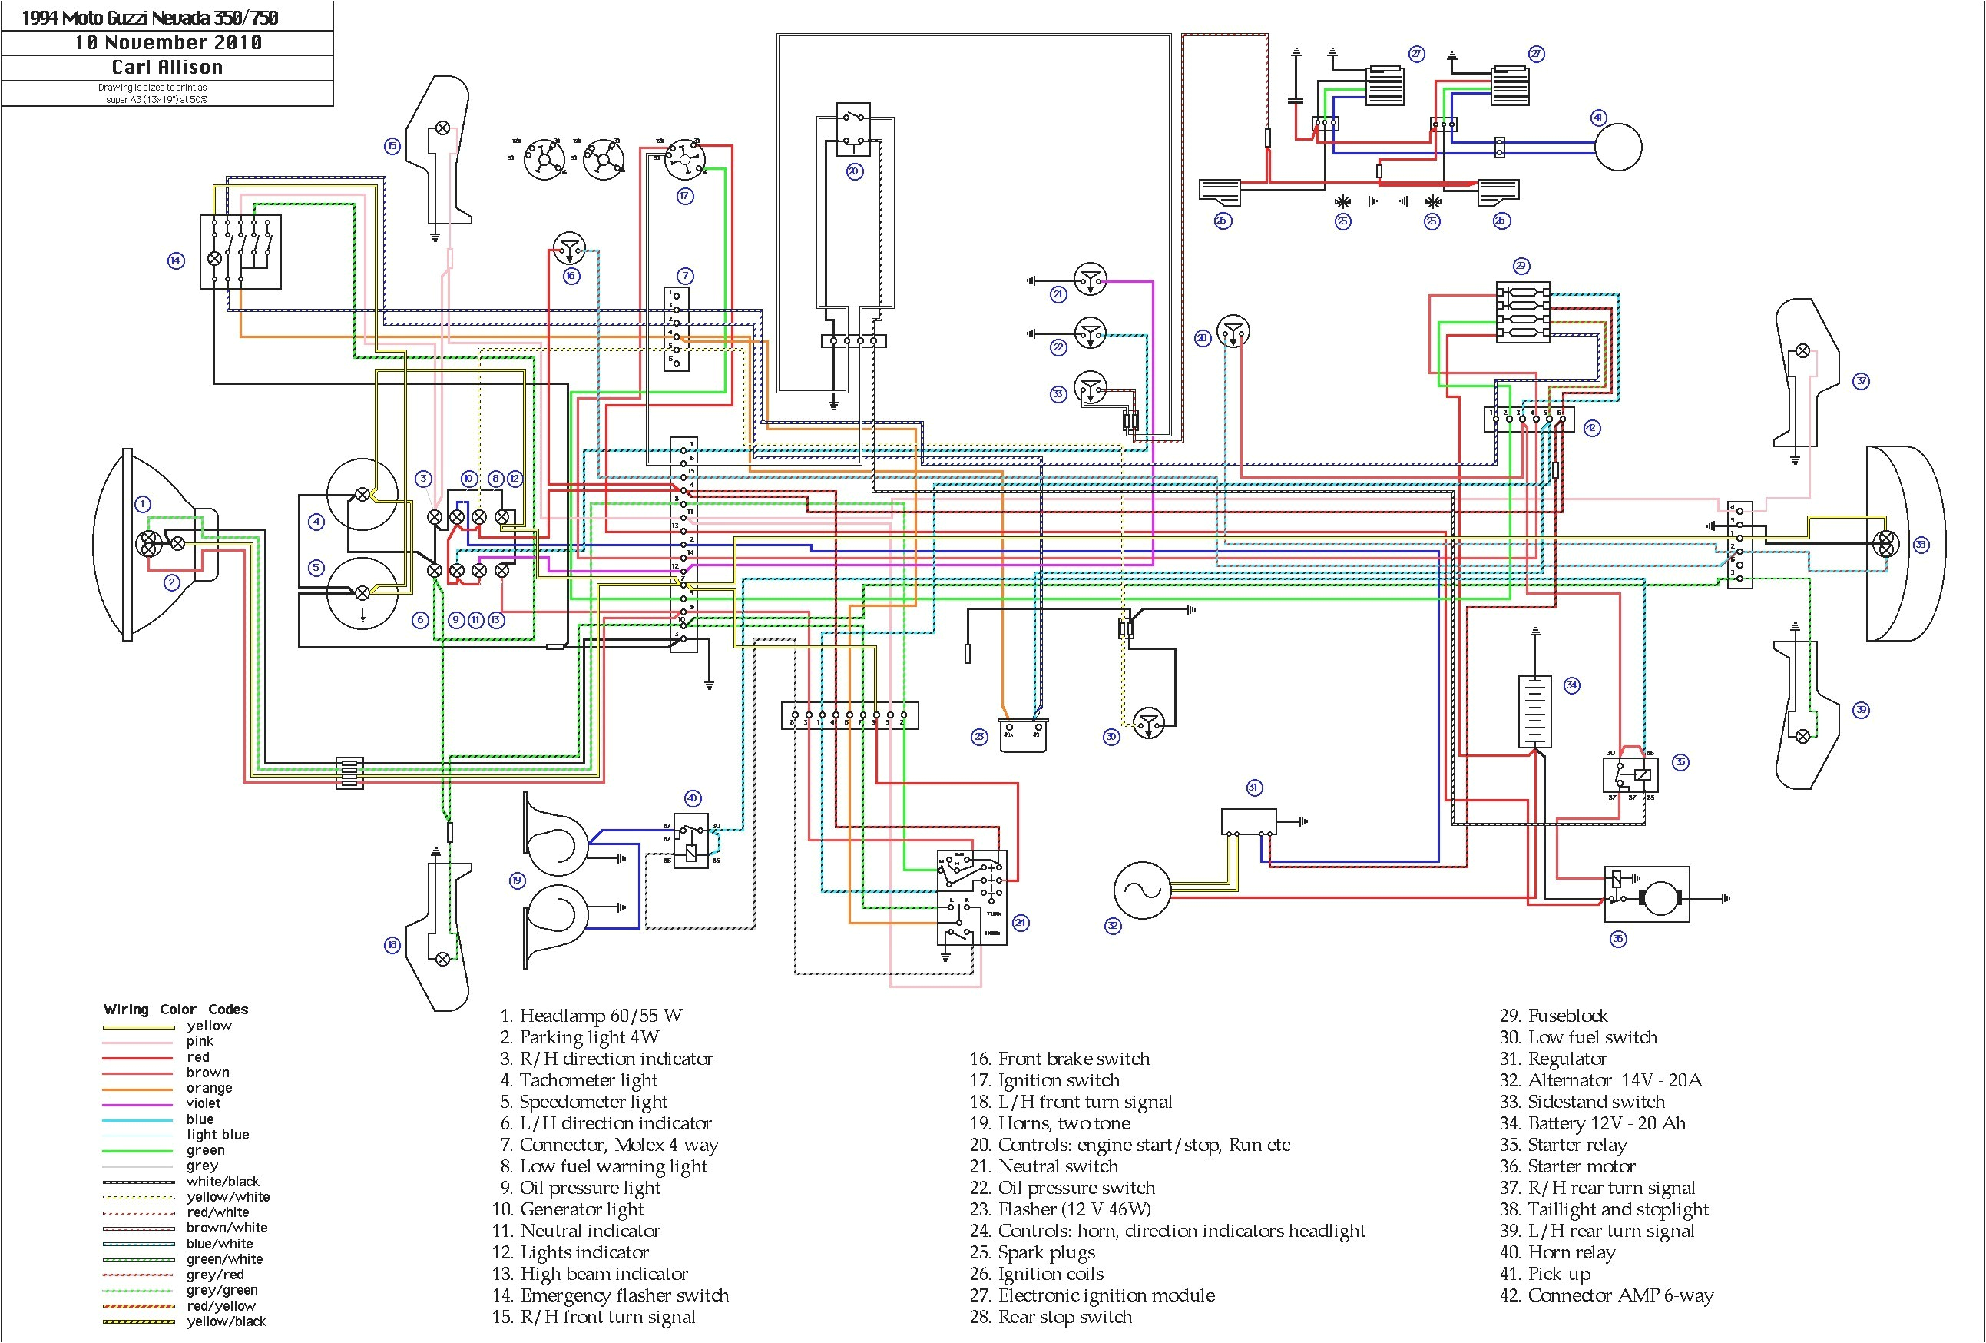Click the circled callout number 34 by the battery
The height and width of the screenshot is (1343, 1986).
[x=1571, y=685]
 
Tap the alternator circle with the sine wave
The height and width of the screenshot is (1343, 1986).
[x=1142, y=890]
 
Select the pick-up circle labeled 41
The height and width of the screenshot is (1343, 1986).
[x=1617, y=147]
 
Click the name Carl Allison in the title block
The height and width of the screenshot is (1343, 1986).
[x=167, y=68]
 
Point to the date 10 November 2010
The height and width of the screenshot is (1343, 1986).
[x=167, y=43]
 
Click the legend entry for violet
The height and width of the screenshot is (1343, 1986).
[x=204, y=1103]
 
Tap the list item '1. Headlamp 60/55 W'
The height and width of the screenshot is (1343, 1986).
[x=591, y=1016]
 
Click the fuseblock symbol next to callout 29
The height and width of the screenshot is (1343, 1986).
[x=1523, y=312]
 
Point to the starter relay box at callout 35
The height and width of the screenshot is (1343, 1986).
[x=1630, y=775]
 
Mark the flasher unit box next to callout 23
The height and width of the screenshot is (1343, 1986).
[x=1023, y=735]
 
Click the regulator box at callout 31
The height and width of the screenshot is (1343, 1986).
[x=1249, y=821]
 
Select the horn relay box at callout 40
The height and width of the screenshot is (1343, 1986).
[x=690, y=841]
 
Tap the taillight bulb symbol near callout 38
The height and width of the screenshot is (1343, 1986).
[x=1885, y=544]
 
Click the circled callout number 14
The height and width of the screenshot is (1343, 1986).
[x=175, y=260]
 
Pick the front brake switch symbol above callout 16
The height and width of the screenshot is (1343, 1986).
[x=569, y=249]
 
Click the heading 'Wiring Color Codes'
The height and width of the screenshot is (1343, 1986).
[x=175, y=1010]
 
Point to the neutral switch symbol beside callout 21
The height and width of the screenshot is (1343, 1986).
[x=1090, y=280]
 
